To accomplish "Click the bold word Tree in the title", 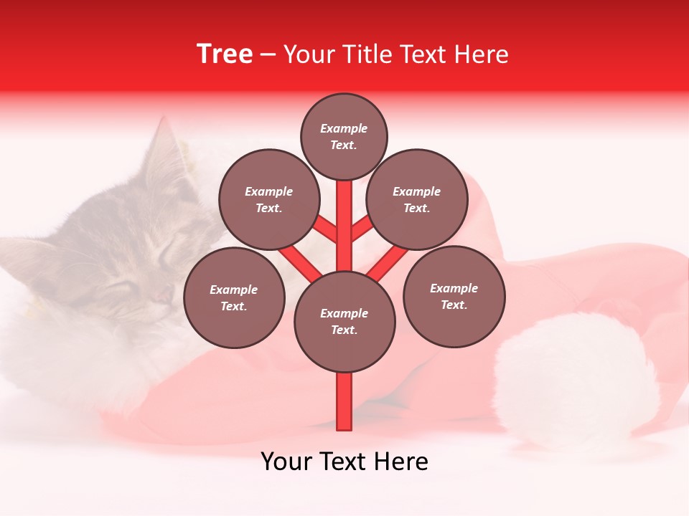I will (x=225, y=54).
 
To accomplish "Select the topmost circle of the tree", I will (x=344, y=136).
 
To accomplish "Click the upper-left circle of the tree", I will (x=269, y=199).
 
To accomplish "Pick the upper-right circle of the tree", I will (x=417, y=199).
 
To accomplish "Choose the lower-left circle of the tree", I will (x=234, y=297).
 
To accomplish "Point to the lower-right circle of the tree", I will (x=454, y=296).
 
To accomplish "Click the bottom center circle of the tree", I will (x=344, y=321).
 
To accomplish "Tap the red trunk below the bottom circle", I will (x=344, y=401).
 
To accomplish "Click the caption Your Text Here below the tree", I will (x=344, y=462).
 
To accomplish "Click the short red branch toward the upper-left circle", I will (x=324, y=229).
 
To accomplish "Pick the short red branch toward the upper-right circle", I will (x=363, y=229).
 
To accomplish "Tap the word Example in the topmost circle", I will (x=344, y=128).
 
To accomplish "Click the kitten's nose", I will (x=161, y=295).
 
